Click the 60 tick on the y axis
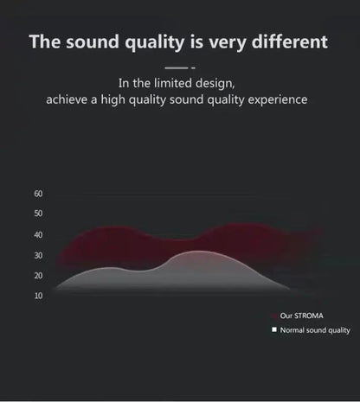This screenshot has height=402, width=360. pos(38,194)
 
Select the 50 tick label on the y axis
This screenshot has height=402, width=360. pos(38,214)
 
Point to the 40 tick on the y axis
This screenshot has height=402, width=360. pos(38,235)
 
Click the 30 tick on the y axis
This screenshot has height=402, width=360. pos(38,256)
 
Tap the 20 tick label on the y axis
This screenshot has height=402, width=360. pos(38,276)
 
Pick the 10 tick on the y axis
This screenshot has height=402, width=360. pos(38,296)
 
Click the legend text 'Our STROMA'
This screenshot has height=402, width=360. pos(301,316)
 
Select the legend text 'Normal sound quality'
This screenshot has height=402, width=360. pos(315,330)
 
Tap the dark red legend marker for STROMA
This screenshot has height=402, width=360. pos(273,316)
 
